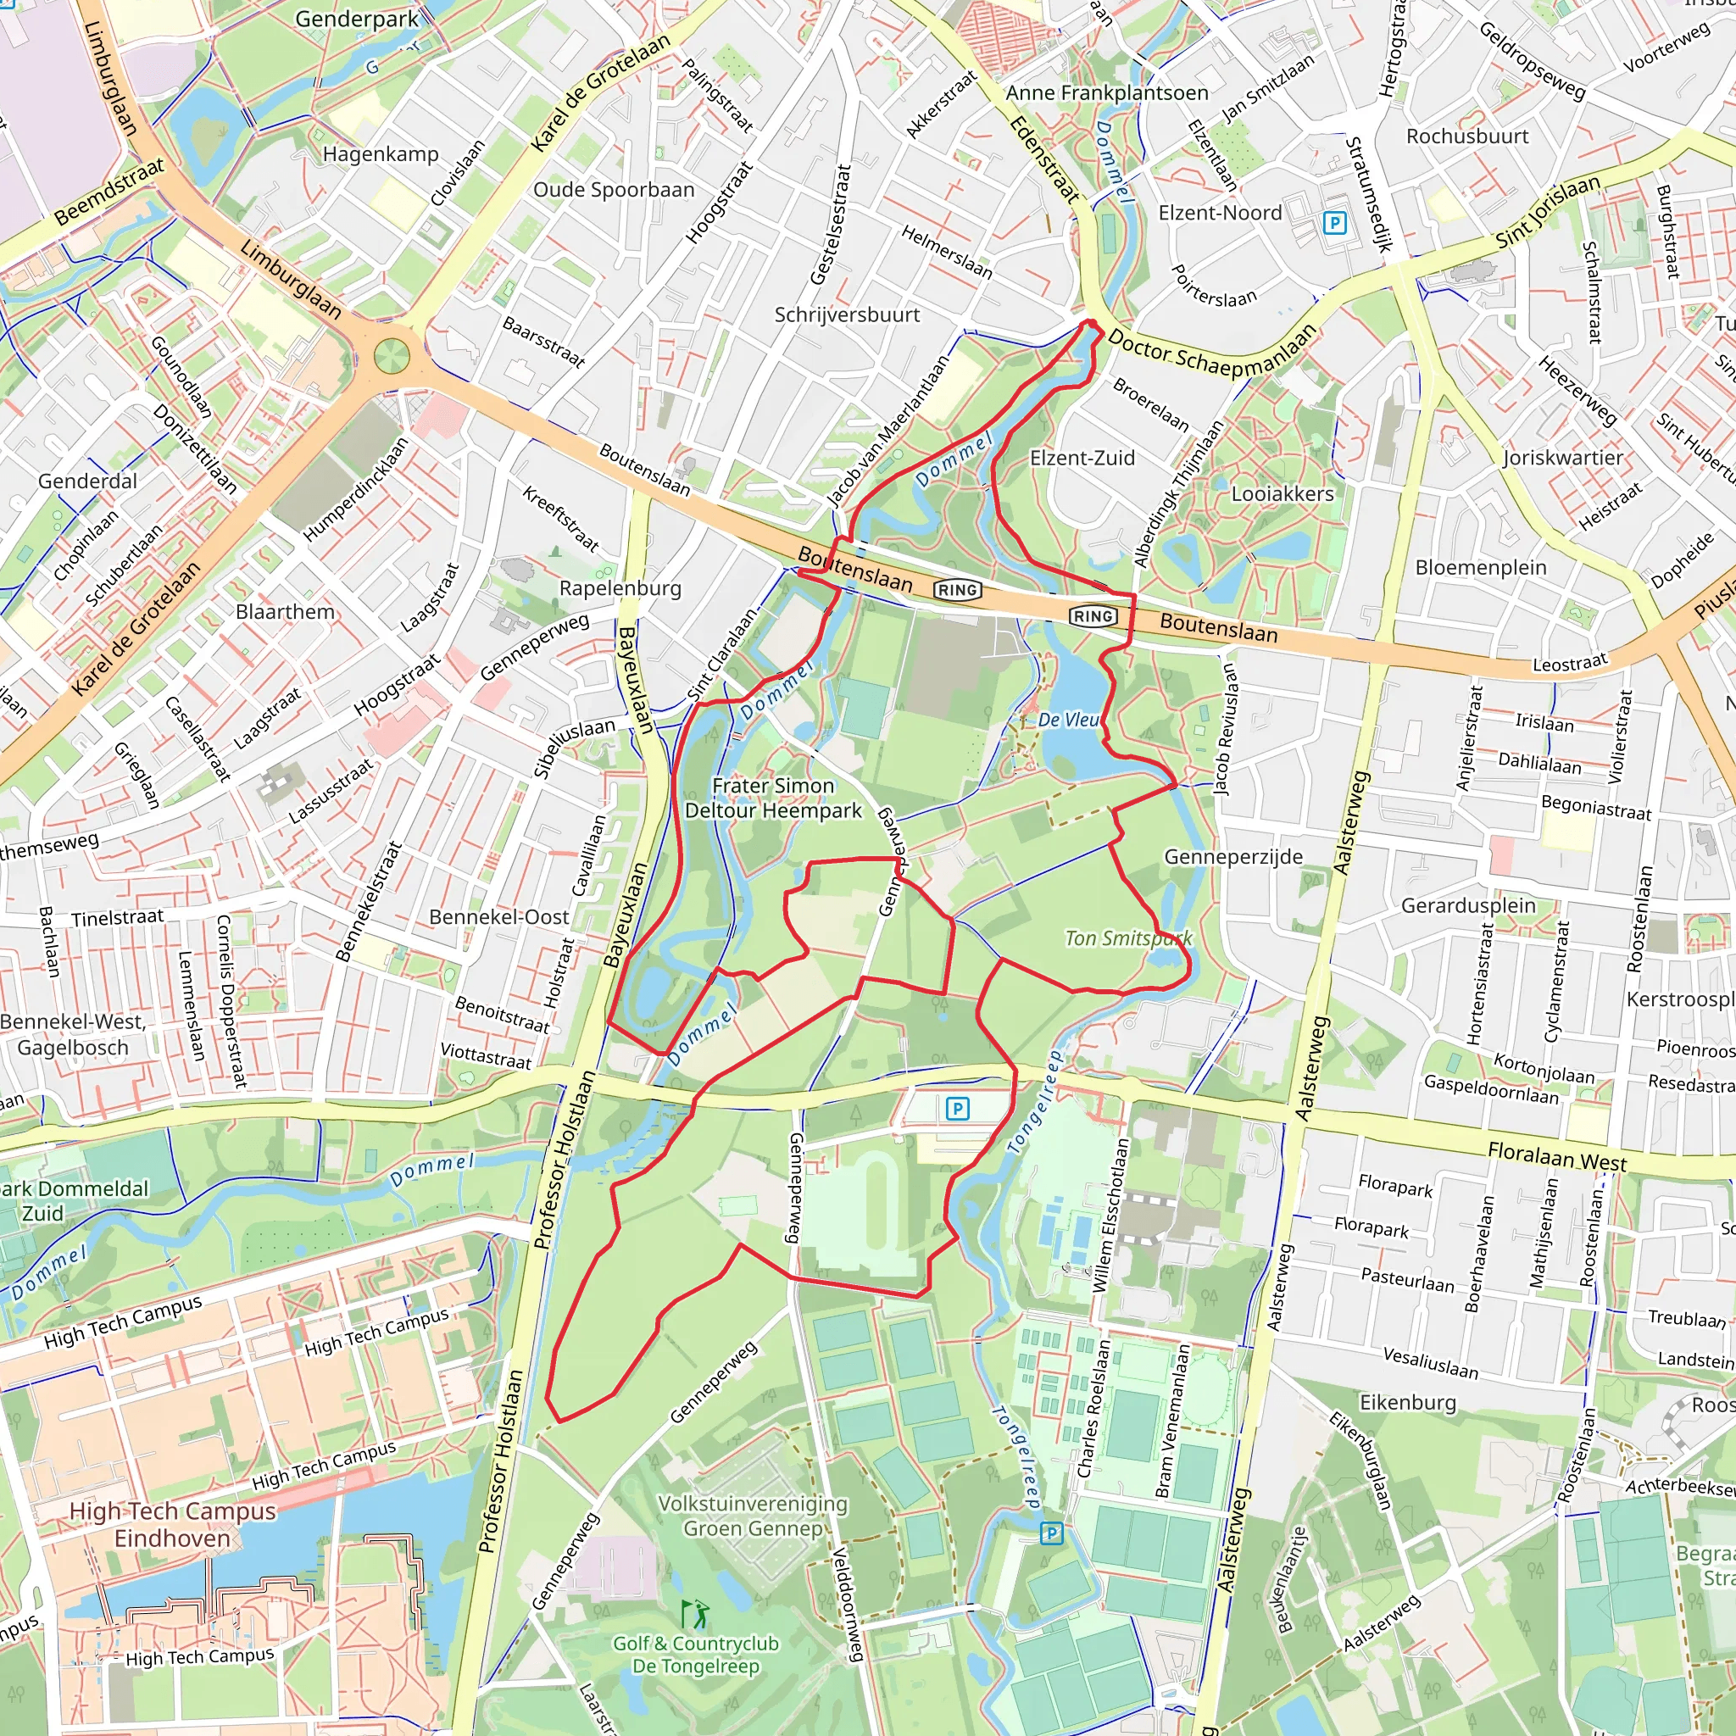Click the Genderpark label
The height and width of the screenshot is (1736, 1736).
click(x=357, y=19)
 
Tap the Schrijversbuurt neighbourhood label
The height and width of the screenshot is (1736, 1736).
click(x=847, y=315)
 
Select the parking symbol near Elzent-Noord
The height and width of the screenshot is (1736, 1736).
click(x=1335, y=223)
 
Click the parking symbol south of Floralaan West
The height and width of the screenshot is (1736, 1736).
click(x=958, y=1109)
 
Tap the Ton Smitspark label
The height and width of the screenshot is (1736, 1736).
click(x=1128, y=938)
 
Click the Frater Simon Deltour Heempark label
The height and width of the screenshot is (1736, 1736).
click(x=773, y=798)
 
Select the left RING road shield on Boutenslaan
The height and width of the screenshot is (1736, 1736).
click(x=958, y=590)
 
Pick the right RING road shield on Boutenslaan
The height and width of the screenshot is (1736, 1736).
click(x=1093, y=616)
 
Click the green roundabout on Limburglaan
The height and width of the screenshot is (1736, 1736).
click(x=391, y=357)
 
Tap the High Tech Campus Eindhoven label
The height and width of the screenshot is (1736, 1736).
click(x=173, y=1525)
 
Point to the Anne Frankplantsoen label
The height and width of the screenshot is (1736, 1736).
click(x=1106, y=93)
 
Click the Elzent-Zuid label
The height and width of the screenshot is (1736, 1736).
click(x=1082, y=459)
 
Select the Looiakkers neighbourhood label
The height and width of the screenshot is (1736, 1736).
click(x=1283, y=494)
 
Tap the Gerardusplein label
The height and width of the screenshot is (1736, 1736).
click(x=1468, y=906)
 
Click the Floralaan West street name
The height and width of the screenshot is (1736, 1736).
click(x=1556, y=1156)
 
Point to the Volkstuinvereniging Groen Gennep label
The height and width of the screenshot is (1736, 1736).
click(x=752, y=1516)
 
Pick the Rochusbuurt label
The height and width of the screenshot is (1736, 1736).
click(x=1466, y=136)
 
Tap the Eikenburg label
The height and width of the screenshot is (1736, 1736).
click(x=1407, y=1403)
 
